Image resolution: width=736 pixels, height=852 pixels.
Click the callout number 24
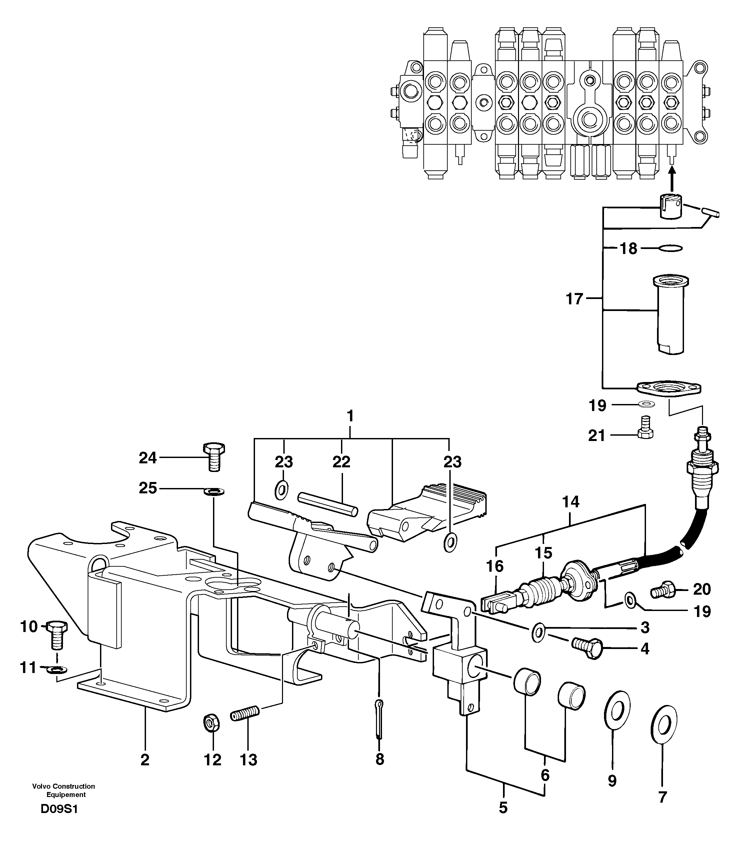[148, 458]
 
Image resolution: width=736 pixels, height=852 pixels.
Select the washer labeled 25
[214, 491]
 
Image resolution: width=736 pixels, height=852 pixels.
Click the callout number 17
[574, 299]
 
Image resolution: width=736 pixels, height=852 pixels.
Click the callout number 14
[571, 502]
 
